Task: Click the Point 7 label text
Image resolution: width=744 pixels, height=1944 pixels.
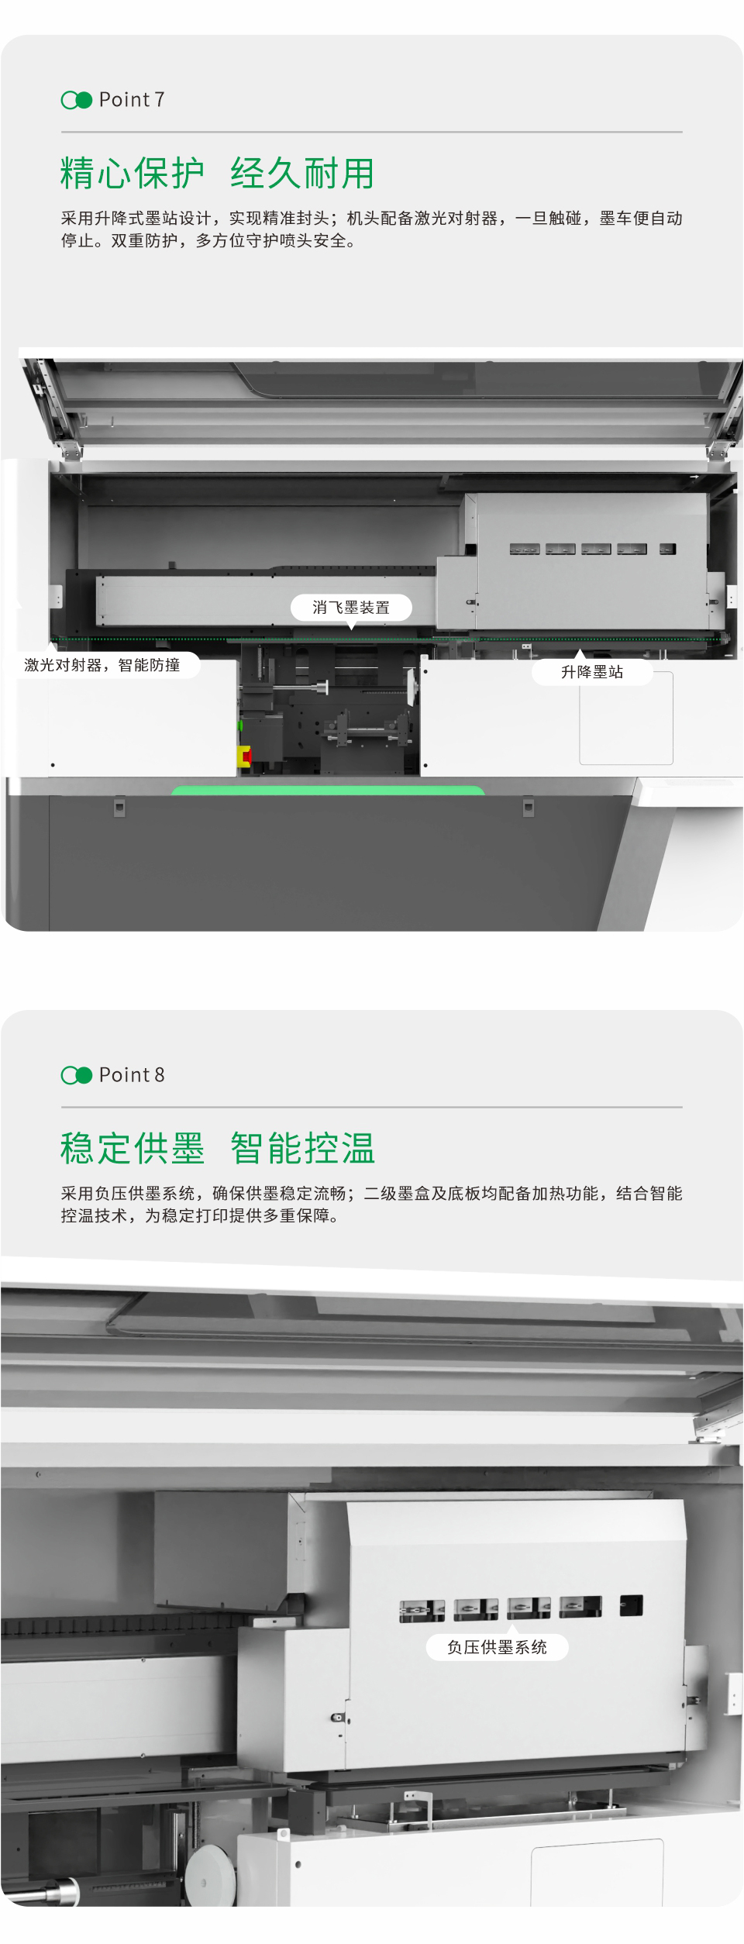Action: point(132,100)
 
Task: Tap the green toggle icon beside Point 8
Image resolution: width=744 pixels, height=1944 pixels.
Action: point(76,1075)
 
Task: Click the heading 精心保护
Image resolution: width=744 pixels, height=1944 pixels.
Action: point(133,173)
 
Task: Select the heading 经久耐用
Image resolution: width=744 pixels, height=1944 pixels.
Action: point(302,173)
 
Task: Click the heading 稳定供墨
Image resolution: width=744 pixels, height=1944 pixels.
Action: point(133,1148)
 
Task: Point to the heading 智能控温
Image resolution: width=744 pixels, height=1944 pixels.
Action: point(302,1148)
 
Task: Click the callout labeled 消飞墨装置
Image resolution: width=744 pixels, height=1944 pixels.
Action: point(351,608)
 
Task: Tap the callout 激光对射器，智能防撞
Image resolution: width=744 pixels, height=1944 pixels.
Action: point(102,665)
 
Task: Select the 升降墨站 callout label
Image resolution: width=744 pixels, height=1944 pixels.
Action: point(592,672)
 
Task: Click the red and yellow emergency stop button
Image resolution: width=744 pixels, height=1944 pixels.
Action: point(244,756)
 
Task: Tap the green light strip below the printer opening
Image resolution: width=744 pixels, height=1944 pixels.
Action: point(327,791)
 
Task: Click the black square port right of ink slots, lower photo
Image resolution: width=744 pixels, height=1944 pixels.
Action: point(631,1604)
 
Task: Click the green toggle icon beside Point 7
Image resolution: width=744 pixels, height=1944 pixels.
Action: point(76,100)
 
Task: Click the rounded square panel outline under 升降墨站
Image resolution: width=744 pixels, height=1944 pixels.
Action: point(626,719)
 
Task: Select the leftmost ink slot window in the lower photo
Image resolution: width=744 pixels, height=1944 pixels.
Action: point(422,1610)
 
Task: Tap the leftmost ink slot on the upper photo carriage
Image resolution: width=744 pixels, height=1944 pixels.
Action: point(525,549)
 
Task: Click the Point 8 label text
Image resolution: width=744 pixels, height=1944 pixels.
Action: point(132,1075)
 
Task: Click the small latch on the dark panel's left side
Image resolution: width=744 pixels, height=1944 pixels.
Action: point(119,808)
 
